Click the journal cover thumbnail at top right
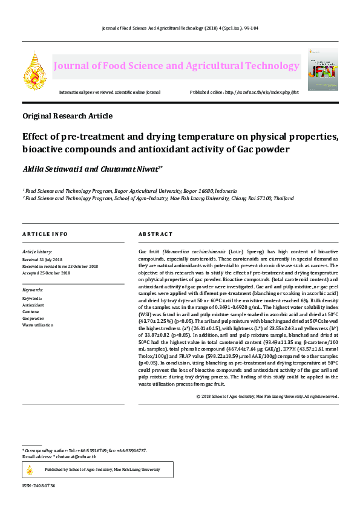(323, 69)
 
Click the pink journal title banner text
(175, 66)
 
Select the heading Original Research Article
(67, 115)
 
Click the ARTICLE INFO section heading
(45, 234)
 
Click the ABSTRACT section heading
(155, 234)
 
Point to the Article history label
(37, 251)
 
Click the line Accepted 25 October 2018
(46, 273)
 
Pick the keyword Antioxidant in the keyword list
(34, 305)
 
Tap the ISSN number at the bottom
(39, 485)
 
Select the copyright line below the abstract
(267, 396)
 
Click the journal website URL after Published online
(261, 92)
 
